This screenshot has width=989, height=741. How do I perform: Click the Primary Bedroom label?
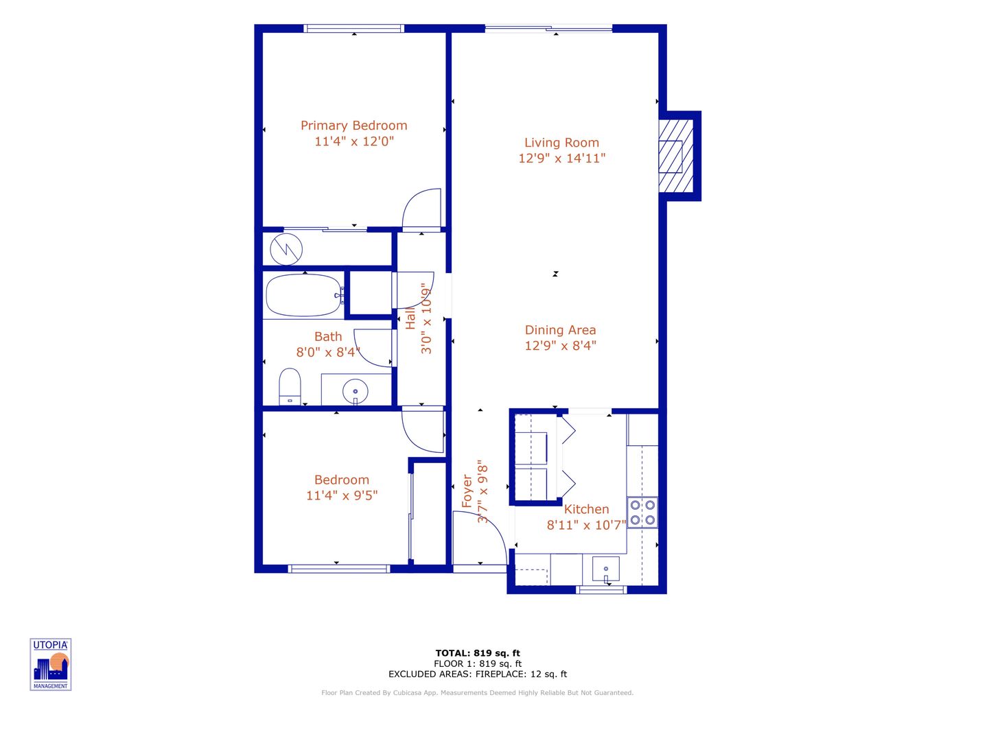(353, 126)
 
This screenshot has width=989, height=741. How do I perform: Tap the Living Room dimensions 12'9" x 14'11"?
(561, 158)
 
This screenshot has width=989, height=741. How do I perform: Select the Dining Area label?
(560, 330)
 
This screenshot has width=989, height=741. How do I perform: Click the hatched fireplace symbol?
(675, 156)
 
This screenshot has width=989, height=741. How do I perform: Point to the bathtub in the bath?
(303, 296)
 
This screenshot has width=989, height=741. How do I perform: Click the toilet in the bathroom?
(290, 388)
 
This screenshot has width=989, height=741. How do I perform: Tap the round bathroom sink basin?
(355, 391)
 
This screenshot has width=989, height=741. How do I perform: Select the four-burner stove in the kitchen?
(642, 513)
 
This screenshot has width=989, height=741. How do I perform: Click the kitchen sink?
(605, 569)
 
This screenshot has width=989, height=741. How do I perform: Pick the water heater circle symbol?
(286, 249)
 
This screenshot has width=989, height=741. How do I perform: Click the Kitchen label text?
(586, 509)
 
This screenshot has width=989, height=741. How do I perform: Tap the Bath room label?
(327, 337)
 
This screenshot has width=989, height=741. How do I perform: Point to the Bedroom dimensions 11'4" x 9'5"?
(342, 495)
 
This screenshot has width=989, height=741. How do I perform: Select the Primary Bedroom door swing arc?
(423, 209)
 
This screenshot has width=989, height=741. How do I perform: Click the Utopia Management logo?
(51, 664)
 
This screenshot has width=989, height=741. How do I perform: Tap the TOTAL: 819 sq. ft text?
(478, 653)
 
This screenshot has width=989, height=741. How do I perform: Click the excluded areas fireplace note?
(478, 674)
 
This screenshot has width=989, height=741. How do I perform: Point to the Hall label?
(410, 318)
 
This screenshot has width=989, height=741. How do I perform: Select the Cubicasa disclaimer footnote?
(477, 693)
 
